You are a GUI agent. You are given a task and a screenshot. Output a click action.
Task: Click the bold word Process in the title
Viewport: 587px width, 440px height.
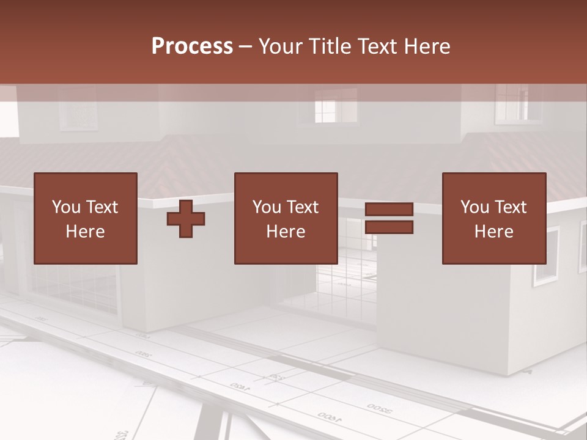pos(192,46)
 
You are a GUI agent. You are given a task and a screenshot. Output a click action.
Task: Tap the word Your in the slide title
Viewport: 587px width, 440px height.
pos(282,46)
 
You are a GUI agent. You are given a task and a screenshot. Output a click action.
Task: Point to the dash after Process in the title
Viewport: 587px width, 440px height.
pos(246,46)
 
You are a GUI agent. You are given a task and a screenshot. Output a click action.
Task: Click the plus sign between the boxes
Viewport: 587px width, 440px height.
pos(186,219)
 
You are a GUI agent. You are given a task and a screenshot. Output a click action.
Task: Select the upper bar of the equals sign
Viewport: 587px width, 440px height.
pos(389,210)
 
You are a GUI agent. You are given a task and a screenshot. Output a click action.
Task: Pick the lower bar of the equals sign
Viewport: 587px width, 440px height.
pos(389,227)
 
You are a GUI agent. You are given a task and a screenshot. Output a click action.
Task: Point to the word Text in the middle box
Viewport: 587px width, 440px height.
pos(303,207)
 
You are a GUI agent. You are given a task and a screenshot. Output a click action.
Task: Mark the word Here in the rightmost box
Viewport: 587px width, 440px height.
pos(494,232)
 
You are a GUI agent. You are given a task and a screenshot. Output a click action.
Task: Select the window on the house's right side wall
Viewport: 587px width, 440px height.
pos(546,256)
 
